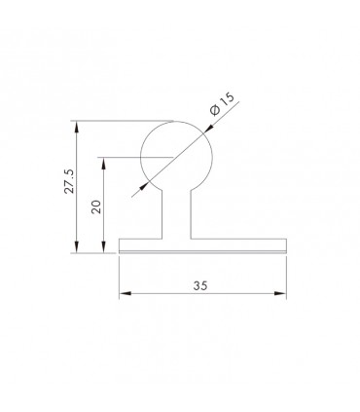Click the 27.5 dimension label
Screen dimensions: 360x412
click(x=69, y=181)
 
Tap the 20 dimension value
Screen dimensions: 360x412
click(x=96, y=206)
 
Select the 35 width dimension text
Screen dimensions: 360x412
click(x=200, y=285)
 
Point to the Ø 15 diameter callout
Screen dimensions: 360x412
click(x=222, y=104)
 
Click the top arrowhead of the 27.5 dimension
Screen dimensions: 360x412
click(x=77, y=127)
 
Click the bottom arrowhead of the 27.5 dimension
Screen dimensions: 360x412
click(x=77, y=246)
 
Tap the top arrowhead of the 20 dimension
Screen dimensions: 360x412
click(x=103, y=164)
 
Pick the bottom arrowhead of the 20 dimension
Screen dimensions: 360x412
click(x=103, y=246)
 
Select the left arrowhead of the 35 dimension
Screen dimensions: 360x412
click(x=126, y=293)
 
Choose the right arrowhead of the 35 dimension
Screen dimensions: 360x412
click(x=280, y=293)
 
